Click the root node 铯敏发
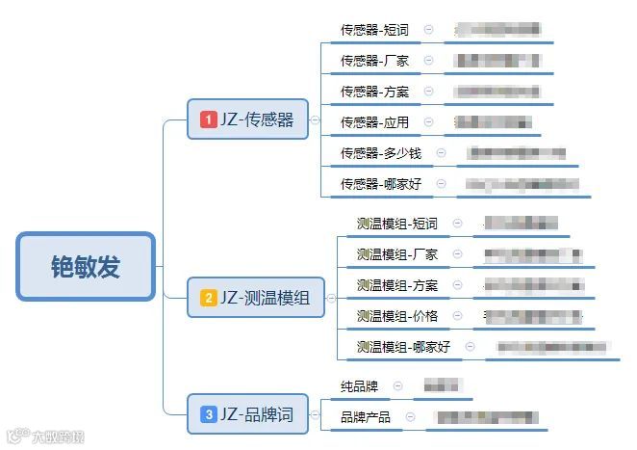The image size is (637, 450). (x=86, y=266)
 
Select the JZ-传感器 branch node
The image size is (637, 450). (x=247, y=119)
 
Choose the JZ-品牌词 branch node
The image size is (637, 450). (x=247, y=415)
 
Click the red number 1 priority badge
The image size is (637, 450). (x=208, y=119)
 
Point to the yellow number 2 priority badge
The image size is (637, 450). (x=208, y=298)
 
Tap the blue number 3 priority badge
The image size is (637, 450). (x=208, y=415)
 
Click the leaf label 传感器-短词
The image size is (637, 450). (x=374, y=30)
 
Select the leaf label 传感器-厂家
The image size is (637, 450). (x=374, y=61)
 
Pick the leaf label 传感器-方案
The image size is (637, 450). (x=374, y=92)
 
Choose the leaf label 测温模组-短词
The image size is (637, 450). (x=396, y=224)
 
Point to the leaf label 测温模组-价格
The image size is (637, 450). (x=396, y=316)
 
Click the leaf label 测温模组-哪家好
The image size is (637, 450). (x=403, y=347)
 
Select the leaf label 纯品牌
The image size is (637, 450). (x=359, y=386)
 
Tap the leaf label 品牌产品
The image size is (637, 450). (x=366, y=417)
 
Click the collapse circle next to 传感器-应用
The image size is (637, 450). (x=428, y=122)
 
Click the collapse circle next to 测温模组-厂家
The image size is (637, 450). (x=457, y=254)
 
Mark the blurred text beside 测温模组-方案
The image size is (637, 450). (x=533, y=285)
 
